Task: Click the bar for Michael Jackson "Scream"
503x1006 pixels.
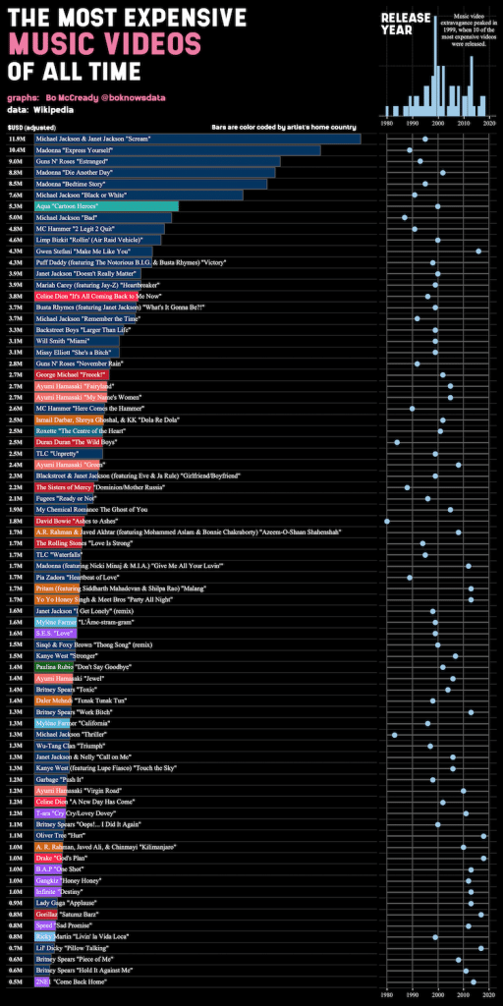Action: point(196,139)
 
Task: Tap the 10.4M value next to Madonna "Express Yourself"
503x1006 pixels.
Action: point(17,149)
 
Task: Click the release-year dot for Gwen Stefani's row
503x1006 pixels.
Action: point(477,251)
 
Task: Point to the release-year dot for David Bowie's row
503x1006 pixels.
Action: point(386,521)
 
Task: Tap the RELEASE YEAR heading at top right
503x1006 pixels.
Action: point(403,25)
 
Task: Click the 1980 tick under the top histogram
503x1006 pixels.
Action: point(387,124)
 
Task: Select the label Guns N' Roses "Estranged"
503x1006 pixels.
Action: point(84,161)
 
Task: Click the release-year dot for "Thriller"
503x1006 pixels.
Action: point(394,734)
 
